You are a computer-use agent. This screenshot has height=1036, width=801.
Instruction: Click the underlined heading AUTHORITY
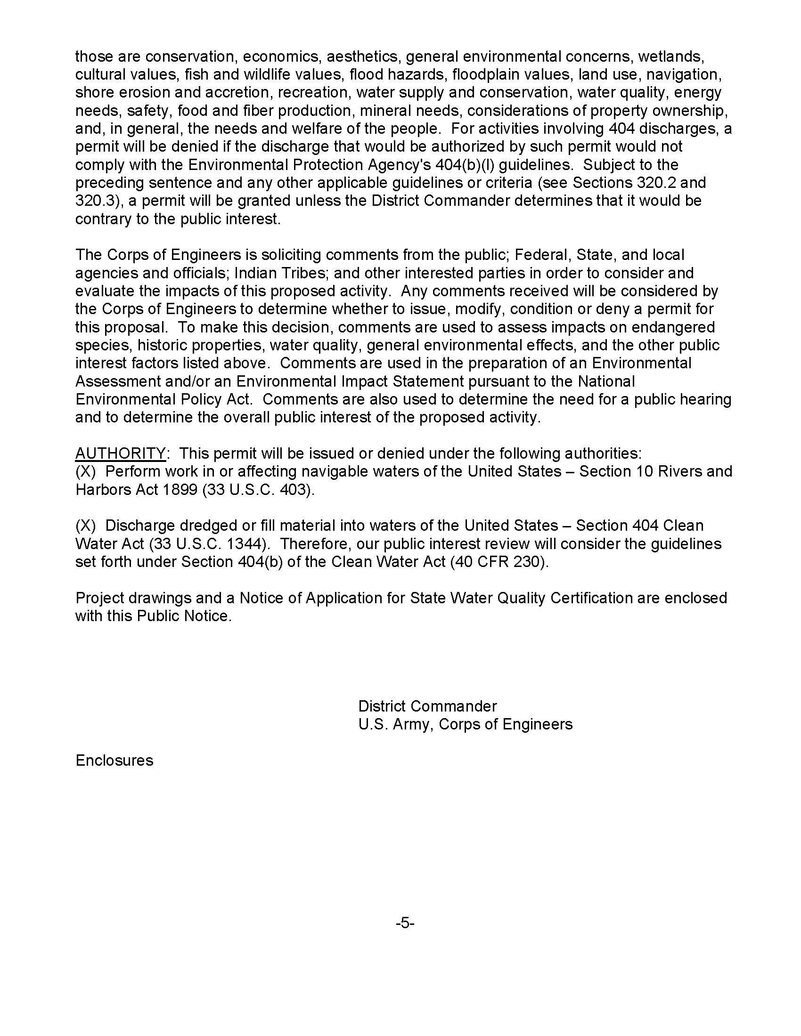click(x=121, y=453)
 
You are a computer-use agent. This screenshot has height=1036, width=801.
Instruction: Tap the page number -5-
click(x=405, y=923)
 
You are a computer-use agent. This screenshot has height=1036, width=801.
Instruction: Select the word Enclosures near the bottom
click(x=114, y=760)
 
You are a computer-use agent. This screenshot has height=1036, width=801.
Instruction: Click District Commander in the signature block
click(x=427, y=706)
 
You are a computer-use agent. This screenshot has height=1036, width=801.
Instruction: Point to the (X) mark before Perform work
click(x=85, y=471)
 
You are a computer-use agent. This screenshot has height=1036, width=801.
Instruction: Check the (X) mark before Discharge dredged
click(x=85, y=526)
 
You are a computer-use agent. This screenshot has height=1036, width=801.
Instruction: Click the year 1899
click(x=180, y=490)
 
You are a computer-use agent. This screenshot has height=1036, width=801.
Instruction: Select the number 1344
click(x=246, y=543)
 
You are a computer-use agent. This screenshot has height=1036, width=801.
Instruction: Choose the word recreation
click(x=313, y=92)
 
